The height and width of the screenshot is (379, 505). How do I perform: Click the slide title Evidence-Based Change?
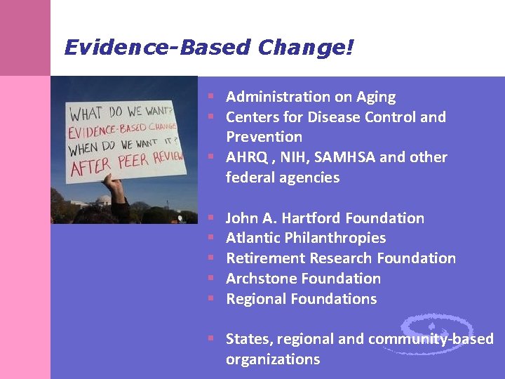click(x=209, y=48)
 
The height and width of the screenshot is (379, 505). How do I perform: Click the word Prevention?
click(x=264, y=137)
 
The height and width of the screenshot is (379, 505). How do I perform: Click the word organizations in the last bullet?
click(x=272, y=359)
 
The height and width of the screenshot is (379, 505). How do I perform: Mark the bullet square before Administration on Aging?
click(x=210, y=97)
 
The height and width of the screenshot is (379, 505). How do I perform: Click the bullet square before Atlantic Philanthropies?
click(x=210, y=239)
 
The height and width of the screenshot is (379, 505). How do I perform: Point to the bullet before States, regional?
click(x=210, y=339)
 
